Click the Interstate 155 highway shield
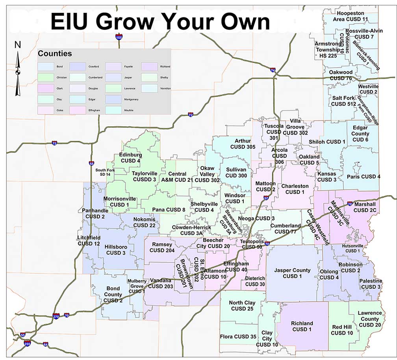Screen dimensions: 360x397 click(119, 37)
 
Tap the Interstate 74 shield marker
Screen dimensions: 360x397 click(273, 70)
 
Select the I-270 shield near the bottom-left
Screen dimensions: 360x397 click(57, 316)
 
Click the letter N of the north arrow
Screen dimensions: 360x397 click(17, 45)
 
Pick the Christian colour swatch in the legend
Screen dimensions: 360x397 click(53, 77)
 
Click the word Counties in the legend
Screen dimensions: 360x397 click(55, 54)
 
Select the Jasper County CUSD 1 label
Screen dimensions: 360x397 click(292, 273)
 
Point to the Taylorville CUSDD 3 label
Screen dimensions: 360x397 click(145, 176)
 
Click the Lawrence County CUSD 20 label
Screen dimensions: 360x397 click(369, 319)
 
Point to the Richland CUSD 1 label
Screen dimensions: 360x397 click(302, 326)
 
